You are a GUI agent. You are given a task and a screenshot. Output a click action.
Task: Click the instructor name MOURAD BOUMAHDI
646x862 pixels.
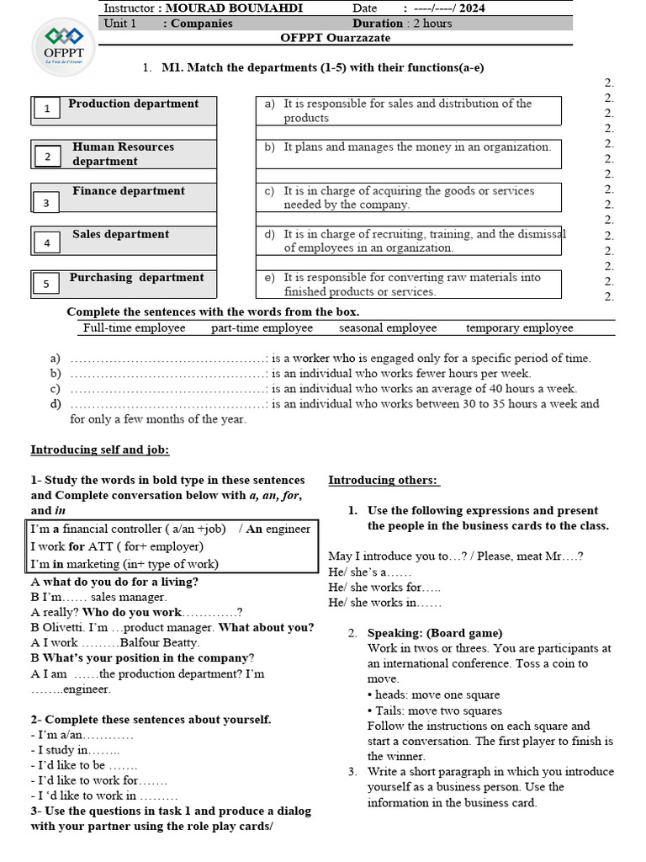pos(234,8)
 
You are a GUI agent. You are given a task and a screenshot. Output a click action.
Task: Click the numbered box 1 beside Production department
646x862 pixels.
pos(47,108)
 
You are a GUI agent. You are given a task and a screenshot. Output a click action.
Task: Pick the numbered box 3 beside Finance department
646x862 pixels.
pos(47,203)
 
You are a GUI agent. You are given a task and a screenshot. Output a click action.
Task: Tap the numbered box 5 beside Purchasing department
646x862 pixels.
pos(47,284)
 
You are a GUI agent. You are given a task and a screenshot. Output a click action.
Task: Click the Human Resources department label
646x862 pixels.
pos(123,154)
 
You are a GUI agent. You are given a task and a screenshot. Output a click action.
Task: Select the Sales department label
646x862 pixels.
pos(120,234)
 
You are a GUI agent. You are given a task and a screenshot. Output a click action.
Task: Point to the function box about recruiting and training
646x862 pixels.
pos(408,241)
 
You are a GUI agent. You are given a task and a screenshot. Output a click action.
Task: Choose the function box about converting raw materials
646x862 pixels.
pos(408,285)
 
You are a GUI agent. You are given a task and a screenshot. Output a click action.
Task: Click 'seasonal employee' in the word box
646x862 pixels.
pos(388,328)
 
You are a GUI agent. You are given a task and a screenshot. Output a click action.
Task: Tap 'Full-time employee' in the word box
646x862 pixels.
pos(134,328)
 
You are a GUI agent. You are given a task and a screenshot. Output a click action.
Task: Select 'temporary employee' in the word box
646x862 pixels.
pos(519,328)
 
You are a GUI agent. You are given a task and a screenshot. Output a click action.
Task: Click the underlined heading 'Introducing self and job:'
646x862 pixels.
pos(100,450)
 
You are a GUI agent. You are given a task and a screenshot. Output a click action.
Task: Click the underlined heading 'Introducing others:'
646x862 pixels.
pos(384,480)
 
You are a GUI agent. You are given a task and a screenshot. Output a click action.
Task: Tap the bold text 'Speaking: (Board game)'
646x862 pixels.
pos(435,633)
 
